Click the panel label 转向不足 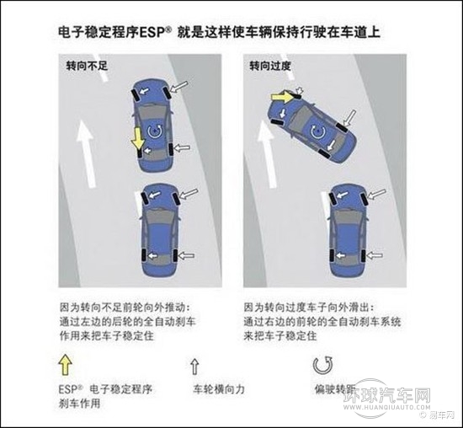tap(87, 66)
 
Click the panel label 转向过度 tap(270, 66)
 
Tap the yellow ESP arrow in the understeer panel tap(137, 138)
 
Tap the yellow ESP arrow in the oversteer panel tap(282, 96)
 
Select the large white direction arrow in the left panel tap(86, 154)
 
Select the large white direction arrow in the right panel tap(268, 154)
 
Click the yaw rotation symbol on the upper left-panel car tap(155, 131)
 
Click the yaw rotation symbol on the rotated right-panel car tap(317, 131)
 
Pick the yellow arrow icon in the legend tap(66, 365)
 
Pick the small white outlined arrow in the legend tap(194, 366)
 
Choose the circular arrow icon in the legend tap(322, 366)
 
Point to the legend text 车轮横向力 tap(219, 389)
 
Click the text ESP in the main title tap(152, 33)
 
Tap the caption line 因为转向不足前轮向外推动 tap(125, 308)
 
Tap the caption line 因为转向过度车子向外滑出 tap(309, 308)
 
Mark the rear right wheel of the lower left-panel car tap(174, 255)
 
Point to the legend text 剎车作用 tap(80, 404)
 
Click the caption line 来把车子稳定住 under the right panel tap(280, 336)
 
